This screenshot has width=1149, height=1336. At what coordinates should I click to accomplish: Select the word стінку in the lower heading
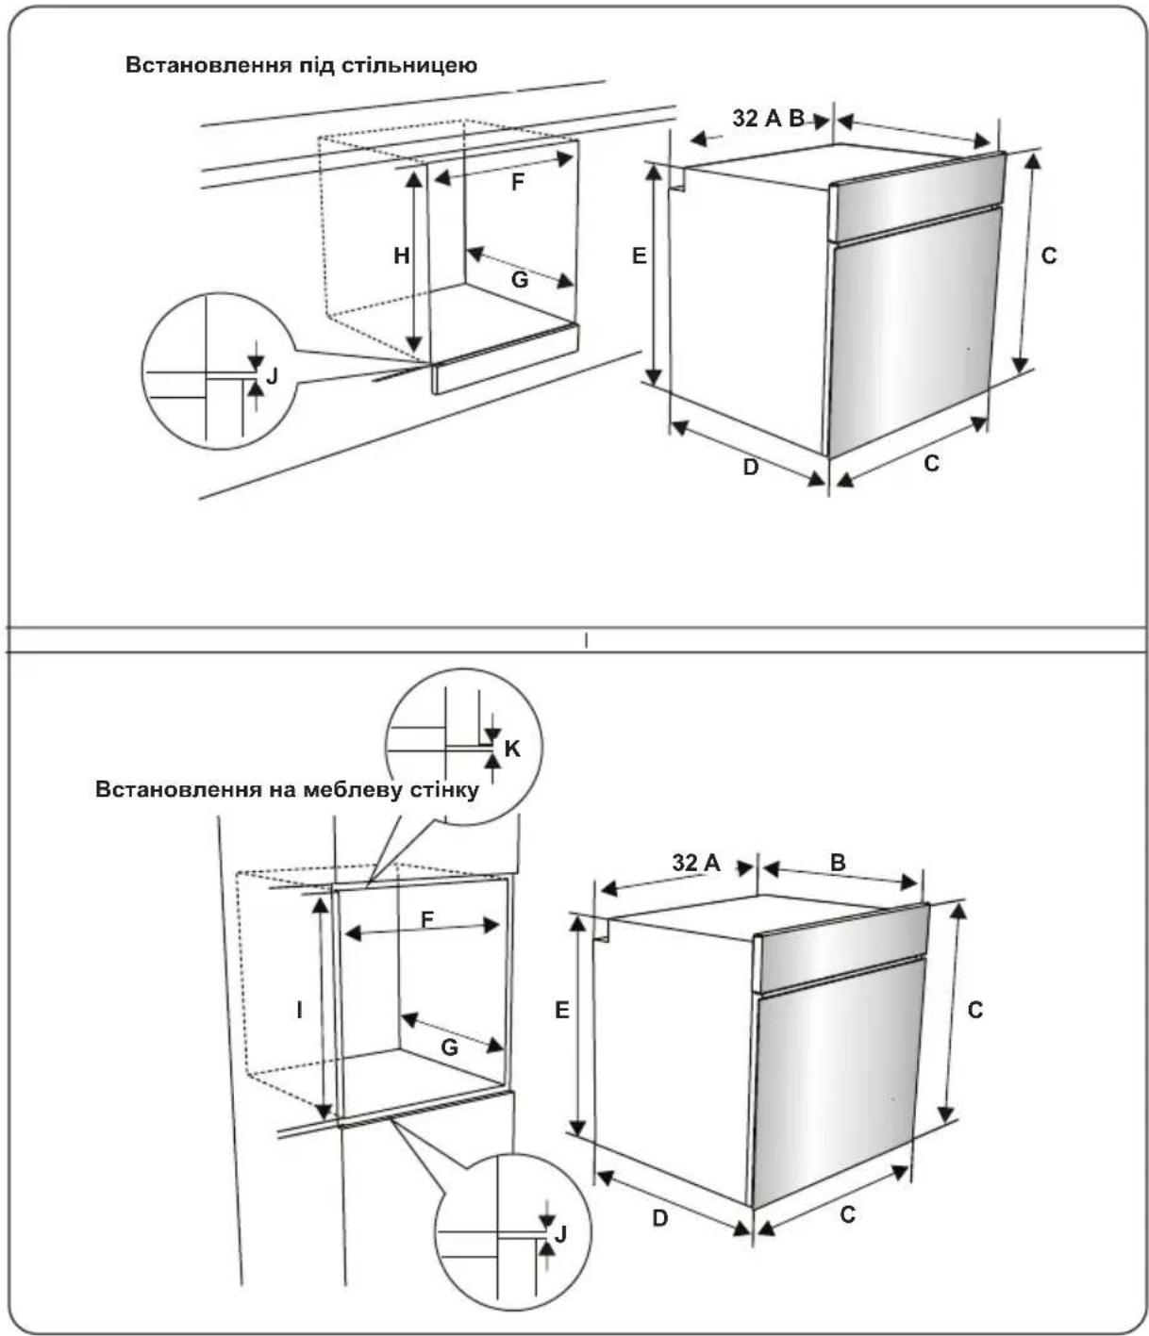click(445, 790)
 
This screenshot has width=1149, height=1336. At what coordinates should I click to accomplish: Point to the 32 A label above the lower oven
click(695, 863)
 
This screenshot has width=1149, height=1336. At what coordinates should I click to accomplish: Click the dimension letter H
click(402, 256)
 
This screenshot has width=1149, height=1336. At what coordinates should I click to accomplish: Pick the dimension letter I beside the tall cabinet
click(299, 1010)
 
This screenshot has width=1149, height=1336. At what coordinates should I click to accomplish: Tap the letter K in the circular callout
click(511, 749)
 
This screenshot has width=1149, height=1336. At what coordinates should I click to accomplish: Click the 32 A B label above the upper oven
click(768, 118)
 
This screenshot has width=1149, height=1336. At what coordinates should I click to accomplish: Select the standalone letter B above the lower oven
click(838, 863)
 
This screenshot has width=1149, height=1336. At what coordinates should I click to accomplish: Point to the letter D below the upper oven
click(750, 467)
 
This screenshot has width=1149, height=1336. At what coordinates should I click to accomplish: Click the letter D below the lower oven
click(659, 1218)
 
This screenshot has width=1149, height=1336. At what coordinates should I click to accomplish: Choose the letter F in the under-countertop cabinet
click(517, 183)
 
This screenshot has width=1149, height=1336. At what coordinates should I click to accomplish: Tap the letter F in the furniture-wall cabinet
click(426, 919)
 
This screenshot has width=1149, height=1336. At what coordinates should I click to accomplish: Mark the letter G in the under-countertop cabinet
click(519, 280)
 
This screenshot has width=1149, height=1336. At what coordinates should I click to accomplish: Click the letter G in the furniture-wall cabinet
click(449, 1047)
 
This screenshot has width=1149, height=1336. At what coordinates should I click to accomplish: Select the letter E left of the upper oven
click(639, 256)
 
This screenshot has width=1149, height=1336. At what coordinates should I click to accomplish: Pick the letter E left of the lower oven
click(562, 1010)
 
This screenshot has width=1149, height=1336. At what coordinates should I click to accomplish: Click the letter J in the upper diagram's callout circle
click(272, 375)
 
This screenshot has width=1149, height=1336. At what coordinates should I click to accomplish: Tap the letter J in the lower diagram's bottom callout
click(560, 1234)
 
